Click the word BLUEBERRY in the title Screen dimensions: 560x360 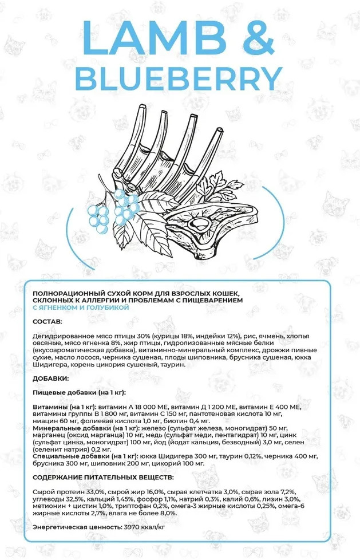[x=179, y=78]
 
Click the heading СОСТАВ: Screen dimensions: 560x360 [x=48, y=321]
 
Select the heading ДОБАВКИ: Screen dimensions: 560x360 [x=51, y=378]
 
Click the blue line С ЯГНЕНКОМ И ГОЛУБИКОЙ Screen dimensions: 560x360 [x=81, y=307]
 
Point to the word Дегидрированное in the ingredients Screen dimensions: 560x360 [x=60, y=336]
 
